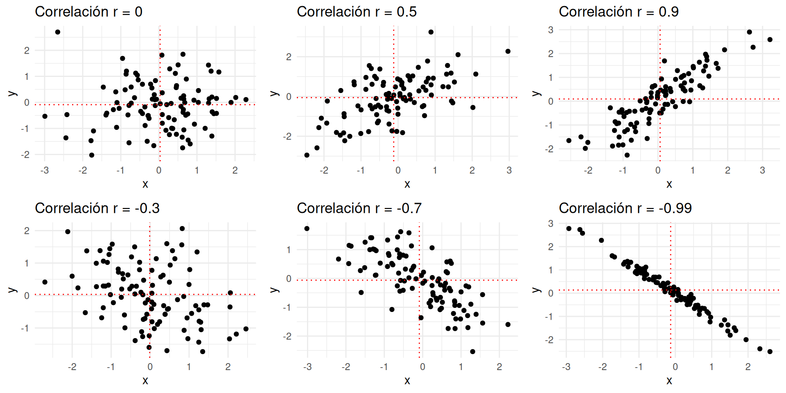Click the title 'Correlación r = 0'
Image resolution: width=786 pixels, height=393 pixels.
click(x=88, y=12)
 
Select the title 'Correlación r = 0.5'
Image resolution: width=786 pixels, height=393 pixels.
click(x=357, y=12)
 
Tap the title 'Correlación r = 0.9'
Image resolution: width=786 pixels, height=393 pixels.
click(x=619, y=12)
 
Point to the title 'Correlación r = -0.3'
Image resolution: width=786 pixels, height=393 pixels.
click(x=97, y=208)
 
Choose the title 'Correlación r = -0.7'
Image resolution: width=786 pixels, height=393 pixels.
click(x=359, y=208)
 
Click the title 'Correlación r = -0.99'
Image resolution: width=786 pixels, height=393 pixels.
click(x=625, y=208)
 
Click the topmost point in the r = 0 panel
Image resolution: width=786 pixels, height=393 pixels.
click(x=58, y=32)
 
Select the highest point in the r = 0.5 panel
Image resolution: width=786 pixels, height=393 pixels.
click(x=431, y=32)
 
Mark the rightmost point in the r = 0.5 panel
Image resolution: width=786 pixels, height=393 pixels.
click(x=508, y=51)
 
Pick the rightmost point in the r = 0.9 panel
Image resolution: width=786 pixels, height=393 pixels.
click(x=770, y=40)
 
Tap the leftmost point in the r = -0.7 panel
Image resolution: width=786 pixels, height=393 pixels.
click(x=307, y=228)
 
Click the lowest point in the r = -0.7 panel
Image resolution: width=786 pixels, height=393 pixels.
click(x=473, y=352)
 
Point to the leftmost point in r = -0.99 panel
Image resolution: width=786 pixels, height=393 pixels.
click(x=569, y=228)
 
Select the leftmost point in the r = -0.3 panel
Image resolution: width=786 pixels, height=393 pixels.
click(x=45, y=282)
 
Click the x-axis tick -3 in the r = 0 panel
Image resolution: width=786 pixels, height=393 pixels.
click(x=45, y=171)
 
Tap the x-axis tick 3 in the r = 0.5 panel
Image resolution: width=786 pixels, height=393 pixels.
click(x=509, y=171)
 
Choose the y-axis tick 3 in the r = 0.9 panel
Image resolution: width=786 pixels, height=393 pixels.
click(x=551, y=30)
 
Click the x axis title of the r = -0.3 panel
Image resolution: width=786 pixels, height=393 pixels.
click(x=145, y=381)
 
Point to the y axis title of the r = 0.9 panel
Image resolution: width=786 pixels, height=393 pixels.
click(x=536, y=94)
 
